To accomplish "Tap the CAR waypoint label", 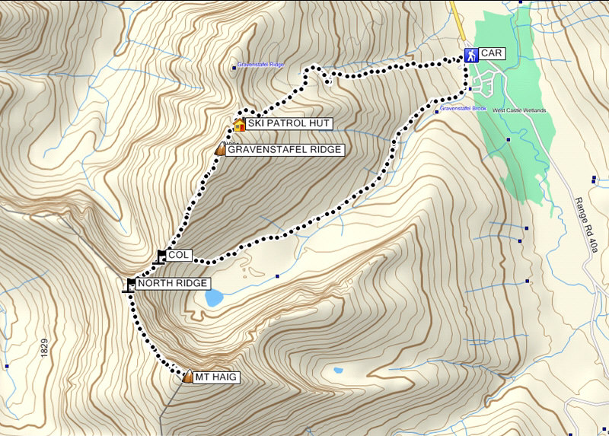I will (493, 55).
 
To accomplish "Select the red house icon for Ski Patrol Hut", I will (238, 124).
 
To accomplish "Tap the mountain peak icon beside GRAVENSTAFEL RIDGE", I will (220, 150).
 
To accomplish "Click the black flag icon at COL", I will (161, 256).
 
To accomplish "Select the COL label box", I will (179, 255).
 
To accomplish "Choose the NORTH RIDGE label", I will (173, 284).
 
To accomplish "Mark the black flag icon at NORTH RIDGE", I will (131, 285).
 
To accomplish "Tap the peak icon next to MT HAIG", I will (189, 375).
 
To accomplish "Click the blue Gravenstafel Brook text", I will (463, 109).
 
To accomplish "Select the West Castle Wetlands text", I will (519, 110).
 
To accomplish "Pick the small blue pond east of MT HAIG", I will (336, 371).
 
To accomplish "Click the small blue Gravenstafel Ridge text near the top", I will (261, 65).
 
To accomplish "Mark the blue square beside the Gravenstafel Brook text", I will (435, 111).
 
